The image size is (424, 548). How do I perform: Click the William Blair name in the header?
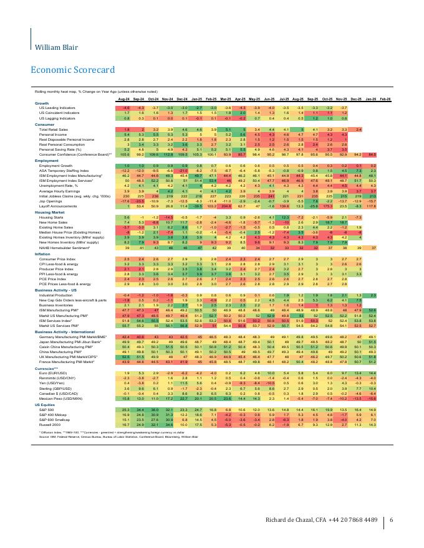[54, 48]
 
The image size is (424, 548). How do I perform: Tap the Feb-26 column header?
[385, 99]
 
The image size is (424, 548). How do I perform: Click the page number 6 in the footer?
[391, 521]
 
